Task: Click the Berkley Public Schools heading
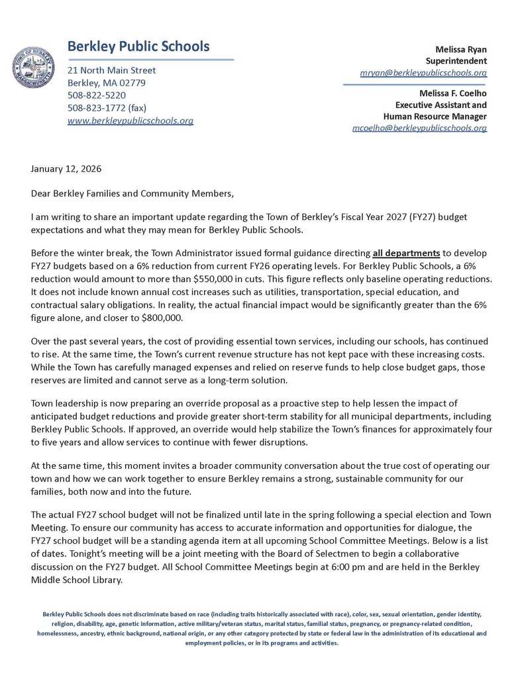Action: pyautogui.click(x=138, y=46)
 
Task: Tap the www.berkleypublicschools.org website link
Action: pyautogui.click(x=131, y=121)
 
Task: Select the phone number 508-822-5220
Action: pyautogui.click(x=97, y=95)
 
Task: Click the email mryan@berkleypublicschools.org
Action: pyautogui.click(x=423, y=72)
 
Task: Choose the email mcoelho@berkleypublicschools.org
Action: pyautogui.click(x=419, y=127)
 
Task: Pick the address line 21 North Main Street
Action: pyautogui.click(x=112, y=70)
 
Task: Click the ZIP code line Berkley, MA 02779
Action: pyautogui.click(x=107, y=83)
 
